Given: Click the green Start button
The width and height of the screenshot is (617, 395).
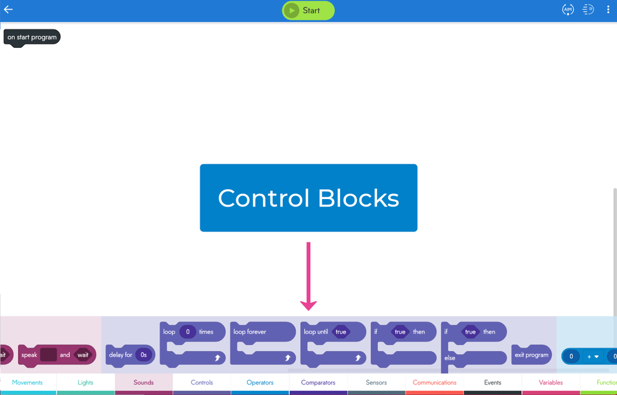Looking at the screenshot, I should (x=308, y=11).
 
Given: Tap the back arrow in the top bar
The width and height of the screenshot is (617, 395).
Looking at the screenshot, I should (x=9, y=10).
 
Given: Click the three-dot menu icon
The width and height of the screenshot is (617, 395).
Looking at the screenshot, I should (x=608, y=10).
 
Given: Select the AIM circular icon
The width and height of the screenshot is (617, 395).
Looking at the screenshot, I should (x=568, y=10).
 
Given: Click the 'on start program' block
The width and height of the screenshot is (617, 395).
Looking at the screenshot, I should (x=32, y=37).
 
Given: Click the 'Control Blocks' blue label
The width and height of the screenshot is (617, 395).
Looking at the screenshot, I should (x=308, y=198).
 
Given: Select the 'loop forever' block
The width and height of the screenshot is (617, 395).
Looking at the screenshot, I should (x=250, y=332).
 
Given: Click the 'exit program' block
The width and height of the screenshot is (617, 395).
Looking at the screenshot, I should (x=531, y=355).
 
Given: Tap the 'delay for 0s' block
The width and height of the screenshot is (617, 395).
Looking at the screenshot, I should (x=121, y=355).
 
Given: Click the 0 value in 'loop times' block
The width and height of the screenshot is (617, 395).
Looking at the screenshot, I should (x=188, y=332).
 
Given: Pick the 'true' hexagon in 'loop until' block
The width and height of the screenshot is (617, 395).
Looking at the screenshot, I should (x=341, y=332).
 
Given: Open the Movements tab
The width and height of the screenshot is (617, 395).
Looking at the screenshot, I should (x=27, y=383).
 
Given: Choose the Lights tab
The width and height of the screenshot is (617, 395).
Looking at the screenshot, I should (x=85, y=383).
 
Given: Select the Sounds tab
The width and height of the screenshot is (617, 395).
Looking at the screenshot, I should (x=144, y=383).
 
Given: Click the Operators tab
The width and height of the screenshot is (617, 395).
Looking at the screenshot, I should (x=260, y=383).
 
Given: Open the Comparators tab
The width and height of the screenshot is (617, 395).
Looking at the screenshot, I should (x=318, y=383).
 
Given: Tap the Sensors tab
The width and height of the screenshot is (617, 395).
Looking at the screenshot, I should (x=376, y=383).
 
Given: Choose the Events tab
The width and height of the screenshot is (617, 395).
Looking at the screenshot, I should (x=493, y=383).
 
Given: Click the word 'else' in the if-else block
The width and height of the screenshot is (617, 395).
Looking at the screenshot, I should (x=450, y=358).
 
